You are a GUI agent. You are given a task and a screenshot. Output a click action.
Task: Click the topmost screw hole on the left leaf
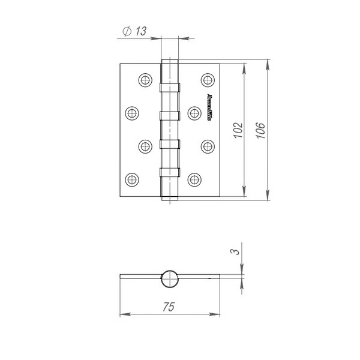click(x=145, y=80)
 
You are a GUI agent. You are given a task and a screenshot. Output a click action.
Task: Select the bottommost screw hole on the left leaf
click(x=132, y=178)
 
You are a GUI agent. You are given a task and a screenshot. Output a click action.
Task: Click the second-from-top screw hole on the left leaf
click(x=132, y=112)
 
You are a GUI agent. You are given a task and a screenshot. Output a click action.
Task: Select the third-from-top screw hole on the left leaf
click(x=145, y=145)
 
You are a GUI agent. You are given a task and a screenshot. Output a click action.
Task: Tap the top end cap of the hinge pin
click(x=170, y=60)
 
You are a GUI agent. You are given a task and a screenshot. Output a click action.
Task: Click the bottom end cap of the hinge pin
click(x=170, y=197)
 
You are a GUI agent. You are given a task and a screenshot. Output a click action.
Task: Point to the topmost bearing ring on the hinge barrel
click(x=170, y=88)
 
